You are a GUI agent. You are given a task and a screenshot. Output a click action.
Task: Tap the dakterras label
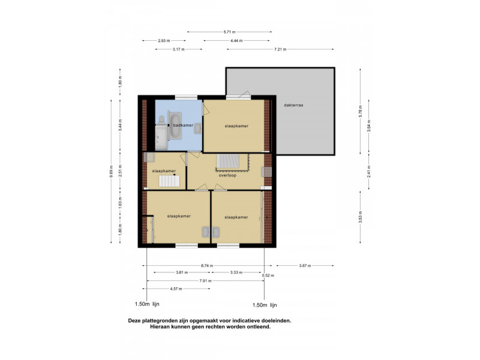point(294,105)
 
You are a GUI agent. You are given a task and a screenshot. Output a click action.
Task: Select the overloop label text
point(227,176)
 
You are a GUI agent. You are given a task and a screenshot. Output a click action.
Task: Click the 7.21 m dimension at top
point(280,49)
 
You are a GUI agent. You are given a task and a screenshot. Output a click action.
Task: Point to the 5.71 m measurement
point(229,32)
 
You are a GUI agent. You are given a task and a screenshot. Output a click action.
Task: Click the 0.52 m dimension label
point(268,275)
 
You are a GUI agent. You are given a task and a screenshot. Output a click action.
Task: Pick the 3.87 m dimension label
point(304,265)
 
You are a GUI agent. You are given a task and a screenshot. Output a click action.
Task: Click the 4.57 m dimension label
point(176,289)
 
